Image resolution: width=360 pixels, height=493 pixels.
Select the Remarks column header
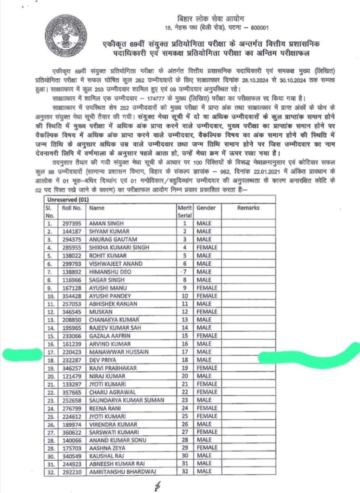(x=248, y=208)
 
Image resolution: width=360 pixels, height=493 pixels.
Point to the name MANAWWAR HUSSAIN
(x=119, y=351)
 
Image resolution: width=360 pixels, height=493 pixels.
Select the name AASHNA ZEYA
(x=107, y=448)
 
